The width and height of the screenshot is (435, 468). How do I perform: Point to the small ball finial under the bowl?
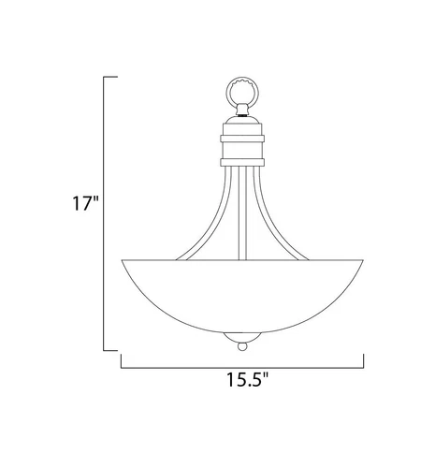[242, 346]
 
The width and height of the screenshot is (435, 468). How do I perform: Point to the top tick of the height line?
[109, 75]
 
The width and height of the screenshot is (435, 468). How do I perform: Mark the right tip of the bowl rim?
[360, 259]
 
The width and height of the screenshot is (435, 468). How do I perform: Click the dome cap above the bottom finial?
[242, 335]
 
